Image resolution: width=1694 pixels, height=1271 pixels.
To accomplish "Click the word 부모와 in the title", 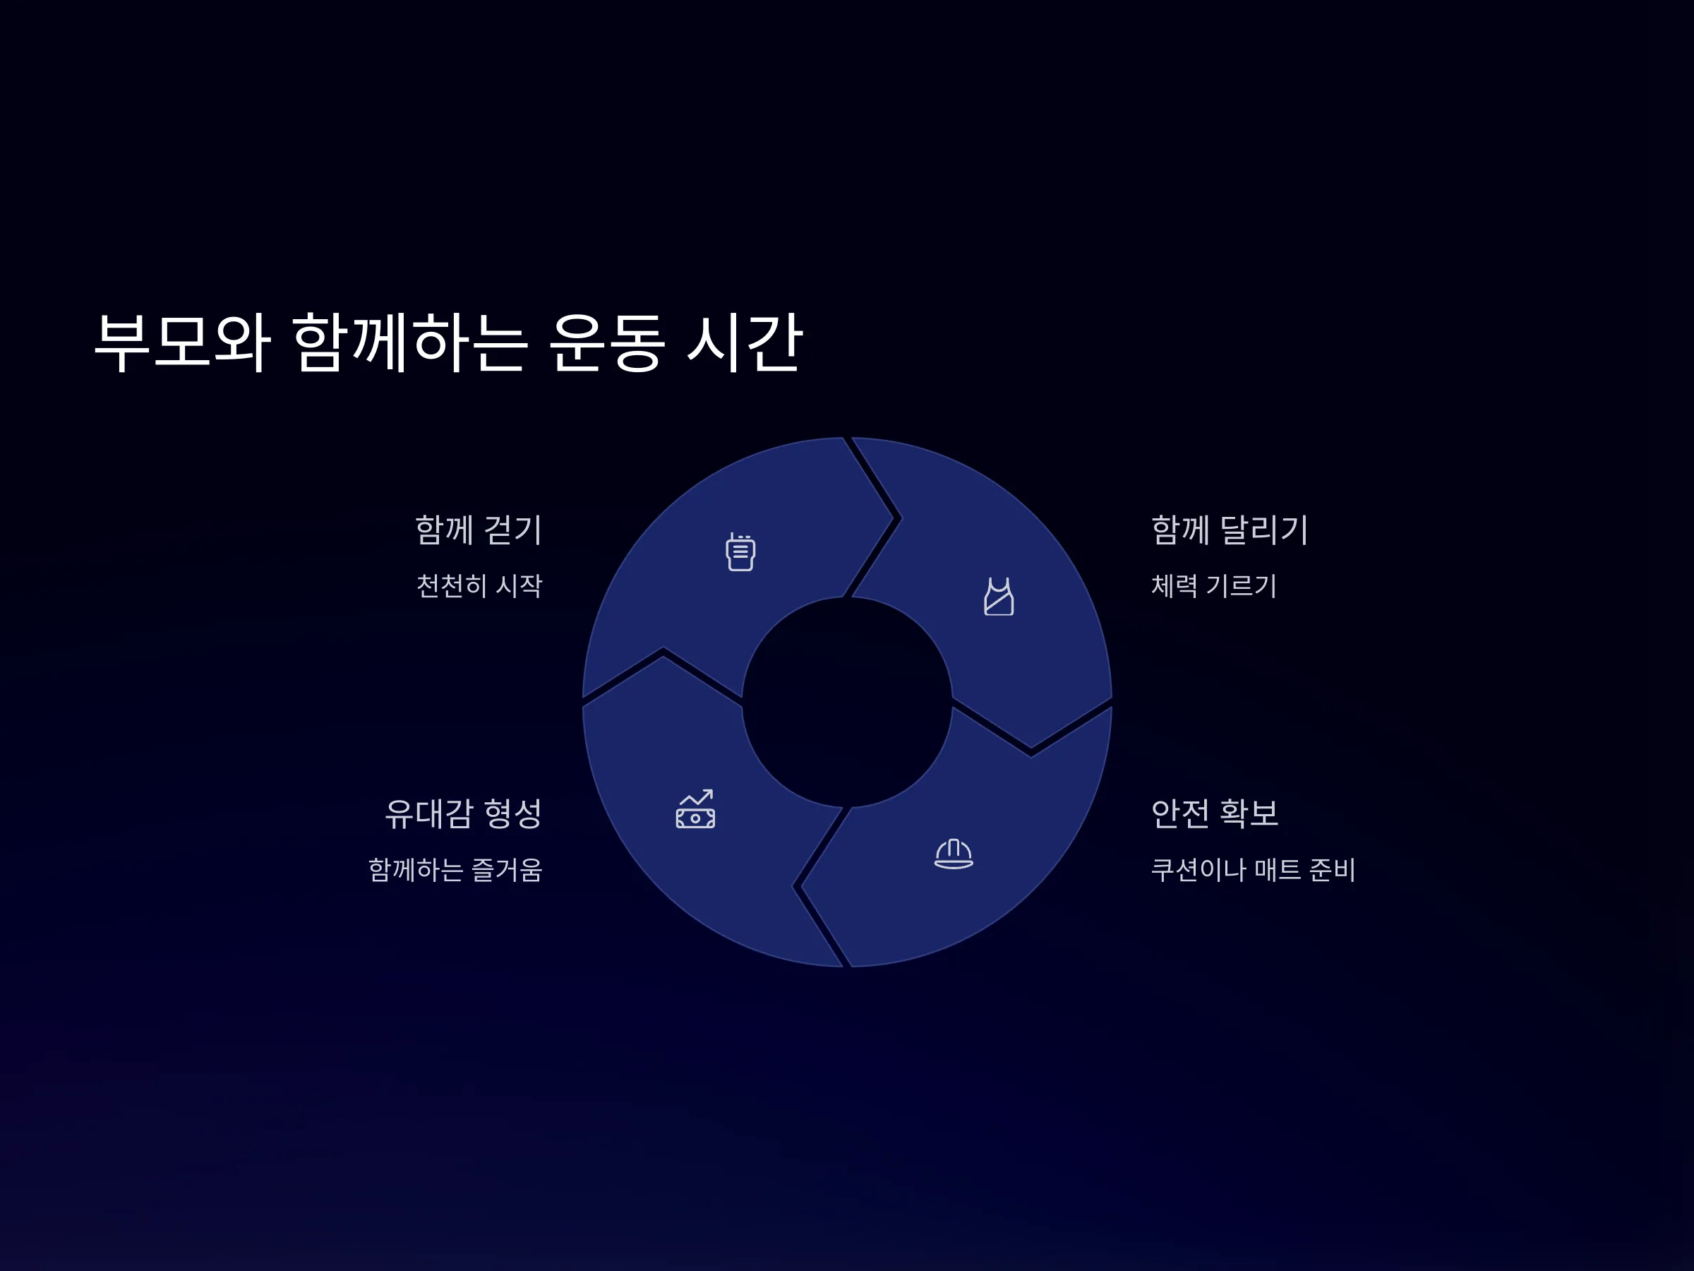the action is coord(182,342).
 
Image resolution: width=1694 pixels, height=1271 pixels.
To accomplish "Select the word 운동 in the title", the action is coord(606,342).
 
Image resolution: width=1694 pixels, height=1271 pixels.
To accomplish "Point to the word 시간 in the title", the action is coord(745,342).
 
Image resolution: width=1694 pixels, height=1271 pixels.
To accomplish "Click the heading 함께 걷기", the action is coord(479,530).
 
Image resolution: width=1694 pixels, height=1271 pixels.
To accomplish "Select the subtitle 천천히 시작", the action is coord(479,586).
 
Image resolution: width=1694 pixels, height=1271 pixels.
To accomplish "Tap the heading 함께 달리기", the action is coord(1230,530).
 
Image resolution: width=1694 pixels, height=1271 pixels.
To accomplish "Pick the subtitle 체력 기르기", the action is coord(1214,586).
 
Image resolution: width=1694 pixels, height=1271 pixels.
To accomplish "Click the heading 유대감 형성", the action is coord(463,813).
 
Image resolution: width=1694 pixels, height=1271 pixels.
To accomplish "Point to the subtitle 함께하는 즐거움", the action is coord(456,869).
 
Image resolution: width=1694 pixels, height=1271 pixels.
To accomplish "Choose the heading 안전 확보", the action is coord(1215,813).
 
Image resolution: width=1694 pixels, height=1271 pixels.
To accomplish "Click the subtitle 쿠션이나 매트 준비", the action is coord(1253,869).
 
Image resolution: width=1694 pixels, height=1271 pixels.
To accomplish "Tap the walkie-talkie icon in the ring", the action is coord(740,551).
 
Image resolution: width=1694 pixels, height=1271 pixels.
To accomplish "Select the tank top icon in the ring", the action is coord(999,597).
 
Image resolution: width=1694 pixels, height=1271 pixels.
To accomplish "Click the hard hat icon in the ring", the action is coord(954,854).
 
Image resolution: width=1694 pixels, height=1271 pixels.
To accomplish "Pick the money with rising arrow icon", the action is coord(695,809).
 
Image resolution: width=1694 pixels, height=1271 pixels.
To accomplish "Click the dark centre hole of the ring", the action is coord(847,703).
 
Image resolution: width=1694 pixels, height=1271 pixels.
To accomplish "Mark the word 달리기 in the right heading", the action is coord(1263,530).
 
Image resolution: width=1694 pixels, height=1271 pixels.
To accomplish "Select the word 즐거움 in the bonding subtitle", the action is coord(507,869).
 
